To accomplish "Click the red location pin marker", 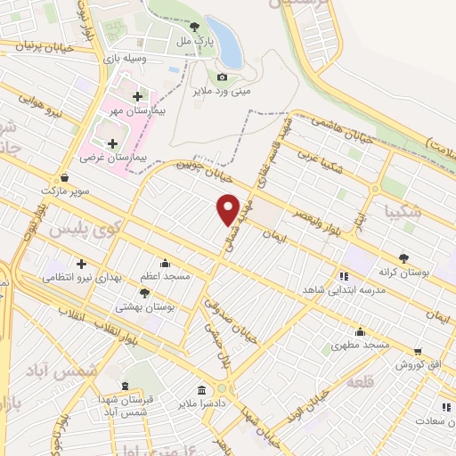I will pyautogui.click(x=229, y=208).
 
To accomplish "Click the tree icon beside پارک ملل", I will pyautogui.click(x=194, y=27).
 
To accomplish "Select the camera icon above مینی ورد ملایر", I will pyautogui.click(x=222, y=77).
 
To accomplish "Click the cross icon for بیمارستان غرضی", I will pyautogui.click(x=112, y=142).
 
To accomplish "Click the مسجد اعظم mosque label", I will pyautogui.click(x=166, y=277).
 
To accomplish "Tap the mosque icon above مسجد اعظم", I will pyautogui.click(x=166, y=264).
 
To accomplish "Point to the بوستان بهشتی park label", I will pyautogui.click(x=144, y=305).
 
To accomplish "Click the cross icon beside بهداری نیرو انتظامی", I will pyautogui.click(x=81, y=264).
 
